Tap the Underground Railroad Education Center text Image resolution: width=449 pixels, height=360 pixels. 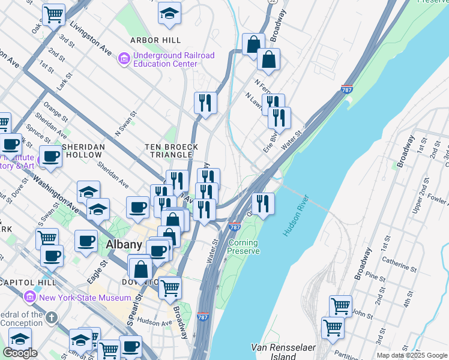[173, 59]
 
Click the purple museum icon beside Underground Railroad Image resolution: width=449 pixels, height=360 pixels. [124, 59]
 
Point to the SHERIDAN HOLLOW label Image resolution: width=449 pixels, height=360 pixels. [83, 151]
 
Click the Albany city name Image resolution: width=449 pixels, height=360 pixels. [123, 244]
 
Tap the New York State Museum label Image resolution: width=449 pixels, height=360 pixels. [85, 298]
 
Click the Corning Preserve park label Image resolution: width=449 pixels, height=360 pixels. [243, 247]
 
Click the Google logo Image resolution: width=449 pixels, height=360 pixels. [20, 352]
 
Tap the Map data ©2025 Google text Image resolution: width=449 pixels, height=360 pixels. [412, 355]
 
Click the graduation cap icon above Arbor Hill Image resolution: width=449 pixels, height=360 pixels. [170, 13]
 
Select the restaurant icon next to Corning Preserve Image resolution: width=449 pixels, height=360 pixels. [263, 204]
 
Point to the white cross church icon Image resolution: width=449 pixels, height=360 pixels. [52, 317]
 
